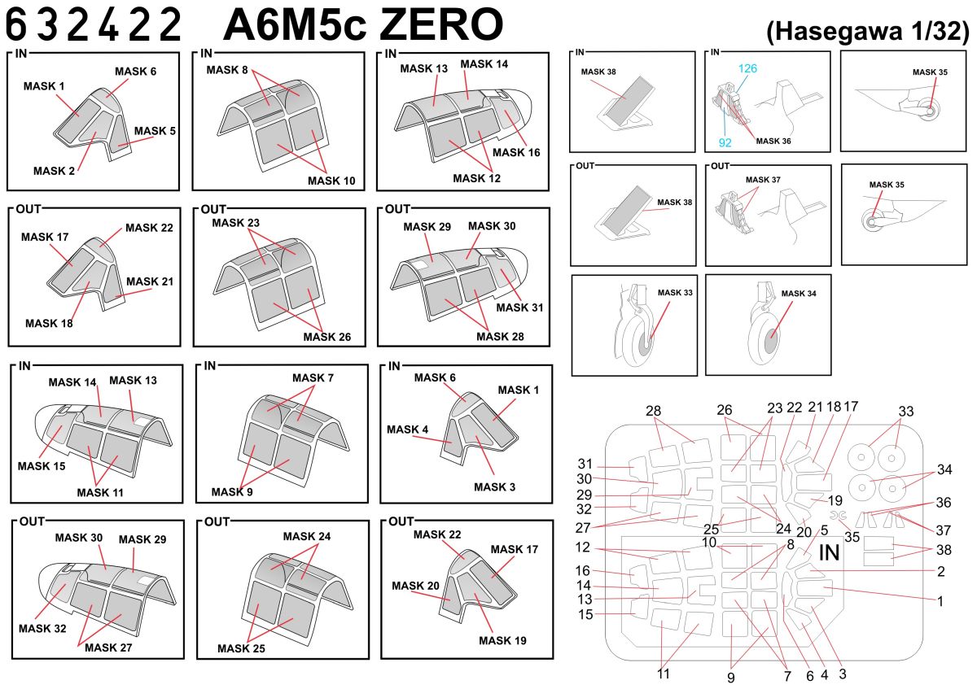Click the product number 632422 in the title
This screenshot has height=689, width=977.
click(94, 25)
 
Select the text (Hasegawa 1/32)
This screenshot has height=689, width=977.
click(867, 33)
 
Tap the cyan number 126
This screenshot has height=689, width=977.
click(748, 68)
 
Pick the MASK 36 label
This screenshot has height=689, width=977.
click(773, 141)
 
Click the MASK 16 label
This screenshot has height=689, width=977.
click(516, 152)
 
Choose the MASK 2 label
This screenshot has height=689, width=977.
click(55, 170)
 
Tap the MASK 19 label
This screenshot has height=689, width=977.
click(502, 640)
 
